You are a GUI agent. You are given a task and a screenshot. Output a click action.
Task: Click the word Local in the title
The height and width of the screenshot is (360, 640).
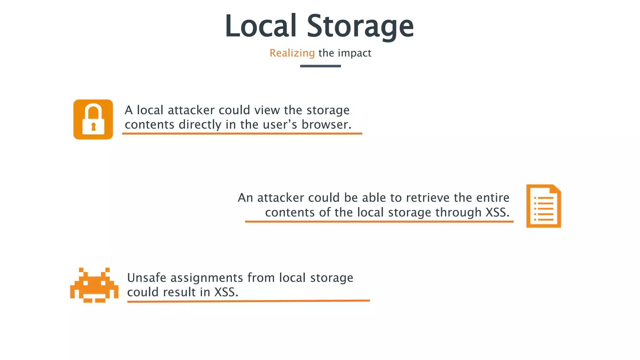coord(261,26)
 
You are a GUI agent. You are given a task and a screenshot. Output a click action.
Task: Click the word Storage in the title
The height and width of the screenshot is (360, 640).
coord(360,26)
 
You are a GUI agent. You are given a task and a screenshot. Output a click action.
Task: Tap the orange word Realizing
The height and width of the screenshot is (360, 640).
coord(292,53)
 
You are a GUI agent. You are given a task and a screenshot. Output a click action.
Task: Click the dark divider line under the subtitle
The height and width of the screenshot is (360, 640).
coord(320,66)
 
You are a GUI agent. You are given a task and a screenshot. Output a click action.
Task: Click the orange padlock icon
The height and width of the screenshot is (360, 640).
coord(93,119)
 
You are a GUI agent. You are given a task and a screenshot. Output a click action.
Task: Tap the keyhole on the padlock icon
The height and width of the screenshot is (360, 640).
coord(93,127)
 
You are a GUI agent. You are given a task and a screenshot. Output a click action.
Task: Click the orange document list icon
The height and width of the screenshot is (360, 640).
coord(543,206)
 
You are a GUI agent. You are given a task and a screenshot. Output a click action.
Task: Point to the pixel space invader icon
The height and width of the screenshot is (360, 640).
coord(94,285)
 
